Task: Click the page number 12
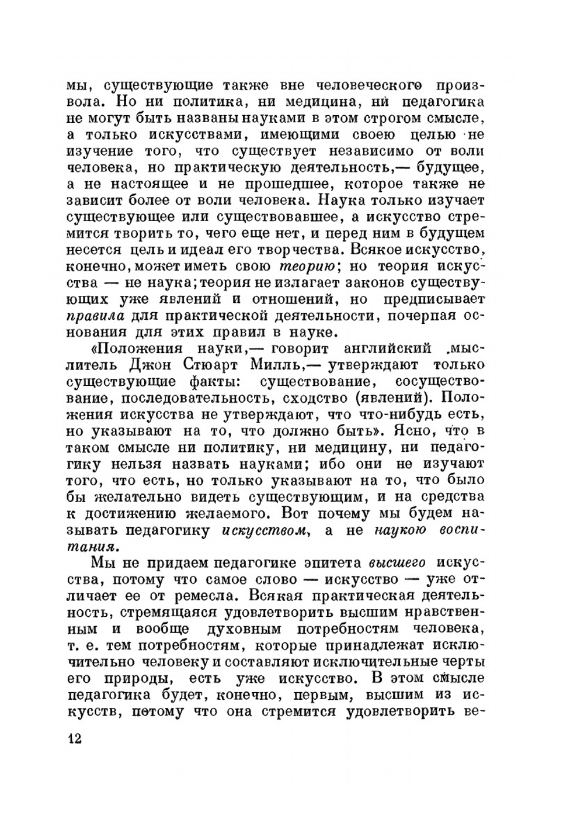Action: [74, 738]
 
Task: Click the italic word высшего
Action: [397, 564]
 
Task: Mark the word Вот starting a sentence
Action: [298, 514]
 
